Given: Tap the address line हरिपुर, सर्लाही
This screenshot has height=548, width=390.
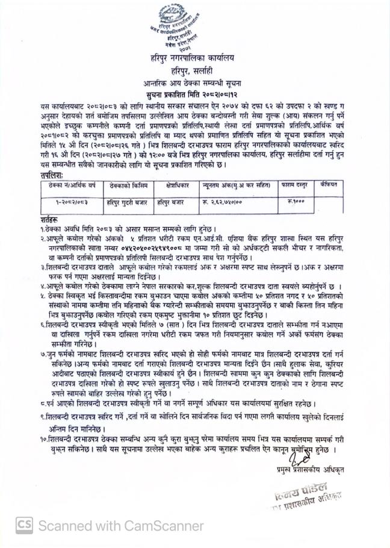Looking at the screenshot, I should (194, 70).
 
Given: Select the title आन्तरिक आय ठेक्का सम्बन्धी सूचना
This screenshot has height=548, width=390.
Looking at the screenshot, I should (194, 83).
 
